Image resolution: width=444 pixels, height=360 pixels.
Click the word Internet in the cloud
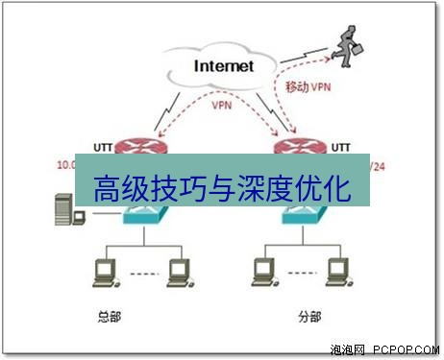(x=224, y=66)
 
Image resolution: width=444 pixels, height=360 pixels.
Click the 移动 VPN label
(x=309, y=87)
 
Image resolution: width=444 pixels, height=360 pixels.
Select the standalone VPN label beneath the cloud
(x=221, y=107)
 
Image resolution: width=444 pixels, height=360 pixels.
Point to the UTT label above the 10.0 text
(x=104, y=147)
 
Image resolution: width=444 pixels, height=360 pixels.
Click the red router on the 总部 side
(x=141, y=147)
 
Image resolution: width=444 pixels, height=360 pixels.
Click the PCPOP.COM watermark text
(x=407, y=350)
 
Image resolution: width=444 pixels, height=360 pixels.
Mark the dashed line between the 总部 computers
(x=142, y=273)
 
